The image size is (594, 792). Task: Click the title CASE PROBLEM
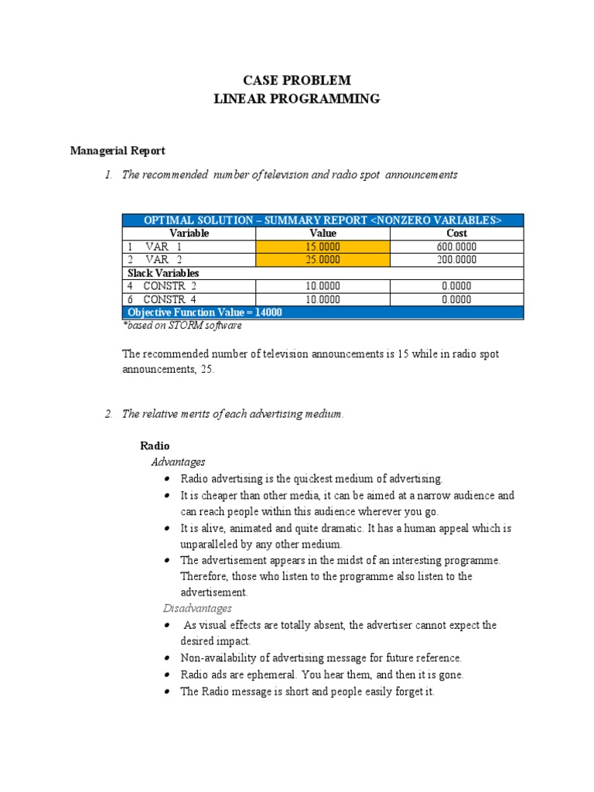[297, 80]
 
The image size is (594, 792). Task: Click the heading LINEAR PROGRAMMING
[297, 98]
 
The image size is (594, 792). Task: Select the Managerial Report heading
[118, 151]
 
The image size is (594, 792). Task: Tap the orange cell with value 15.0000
[323, 247]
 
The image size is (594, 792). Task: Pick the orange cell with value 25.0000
[323, 260]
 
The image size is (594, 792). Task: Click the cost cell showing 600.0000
[456, 247]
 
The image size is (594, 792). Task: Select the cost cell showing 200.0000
[456, 260]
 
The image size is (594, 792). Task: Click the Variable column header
[189, 233]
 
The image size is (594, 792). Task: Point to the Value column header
[323, 233]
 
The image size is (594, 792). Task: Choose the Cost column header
[456, 233]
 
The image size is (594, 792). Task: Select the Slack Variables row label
[163, 273]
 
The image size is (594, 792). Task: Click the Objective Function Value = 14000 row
[205, 312]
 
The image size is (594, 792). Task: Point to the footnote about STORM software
[182, 326]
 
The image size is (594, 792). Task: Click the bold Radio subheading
[155, 446]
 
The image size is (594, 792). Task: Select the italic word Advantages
[178, 463]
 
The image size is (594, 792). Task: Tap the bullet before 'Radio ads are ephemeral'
[167, 675]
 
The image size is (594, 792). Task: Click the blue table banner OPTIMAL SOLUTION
[323, 220]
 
